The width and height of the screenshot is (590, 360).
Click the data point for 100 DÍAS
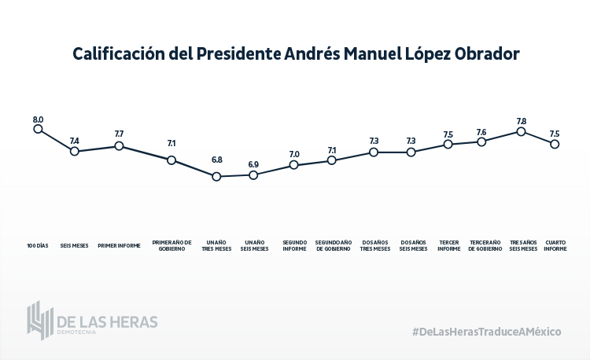(38, 129)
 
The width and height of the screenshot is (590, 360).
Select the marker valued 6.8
(216, 177)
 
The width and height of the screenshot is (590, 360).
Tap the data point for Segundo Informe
(293, 165)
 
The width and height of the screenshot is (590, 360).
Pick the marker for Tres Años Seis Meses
(521, 131)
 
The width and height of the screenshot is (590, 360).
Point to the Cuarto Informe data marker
(555, 144)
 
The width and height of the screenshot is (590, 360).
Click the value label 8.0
(38, 119)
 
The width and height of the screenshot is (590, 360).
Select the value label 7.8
(521, 121)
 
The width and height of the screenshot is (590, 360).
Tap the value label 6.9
(253, 164)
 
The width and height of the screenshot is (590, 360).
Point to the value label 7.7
(119, 134)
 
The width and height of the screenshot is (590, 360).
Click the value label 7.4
(75, 141)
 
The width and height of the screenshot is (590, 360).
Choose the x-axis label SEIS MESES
(75, 245)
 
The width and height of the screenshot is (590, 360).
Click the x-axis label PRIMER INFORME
(119, 245)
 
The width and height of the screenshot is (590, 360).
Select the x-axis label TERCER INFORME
(449, 245)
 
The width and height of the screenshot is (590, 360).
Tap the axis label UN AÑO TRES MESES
(216, 245)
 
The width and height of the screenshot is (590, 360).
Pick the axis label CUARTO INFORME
(555, 245)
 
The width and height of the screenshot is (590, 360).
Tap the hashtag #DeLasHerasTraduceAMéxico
(486, 331)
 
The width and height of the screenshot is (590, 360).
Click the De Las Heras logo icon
(40, 320)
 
